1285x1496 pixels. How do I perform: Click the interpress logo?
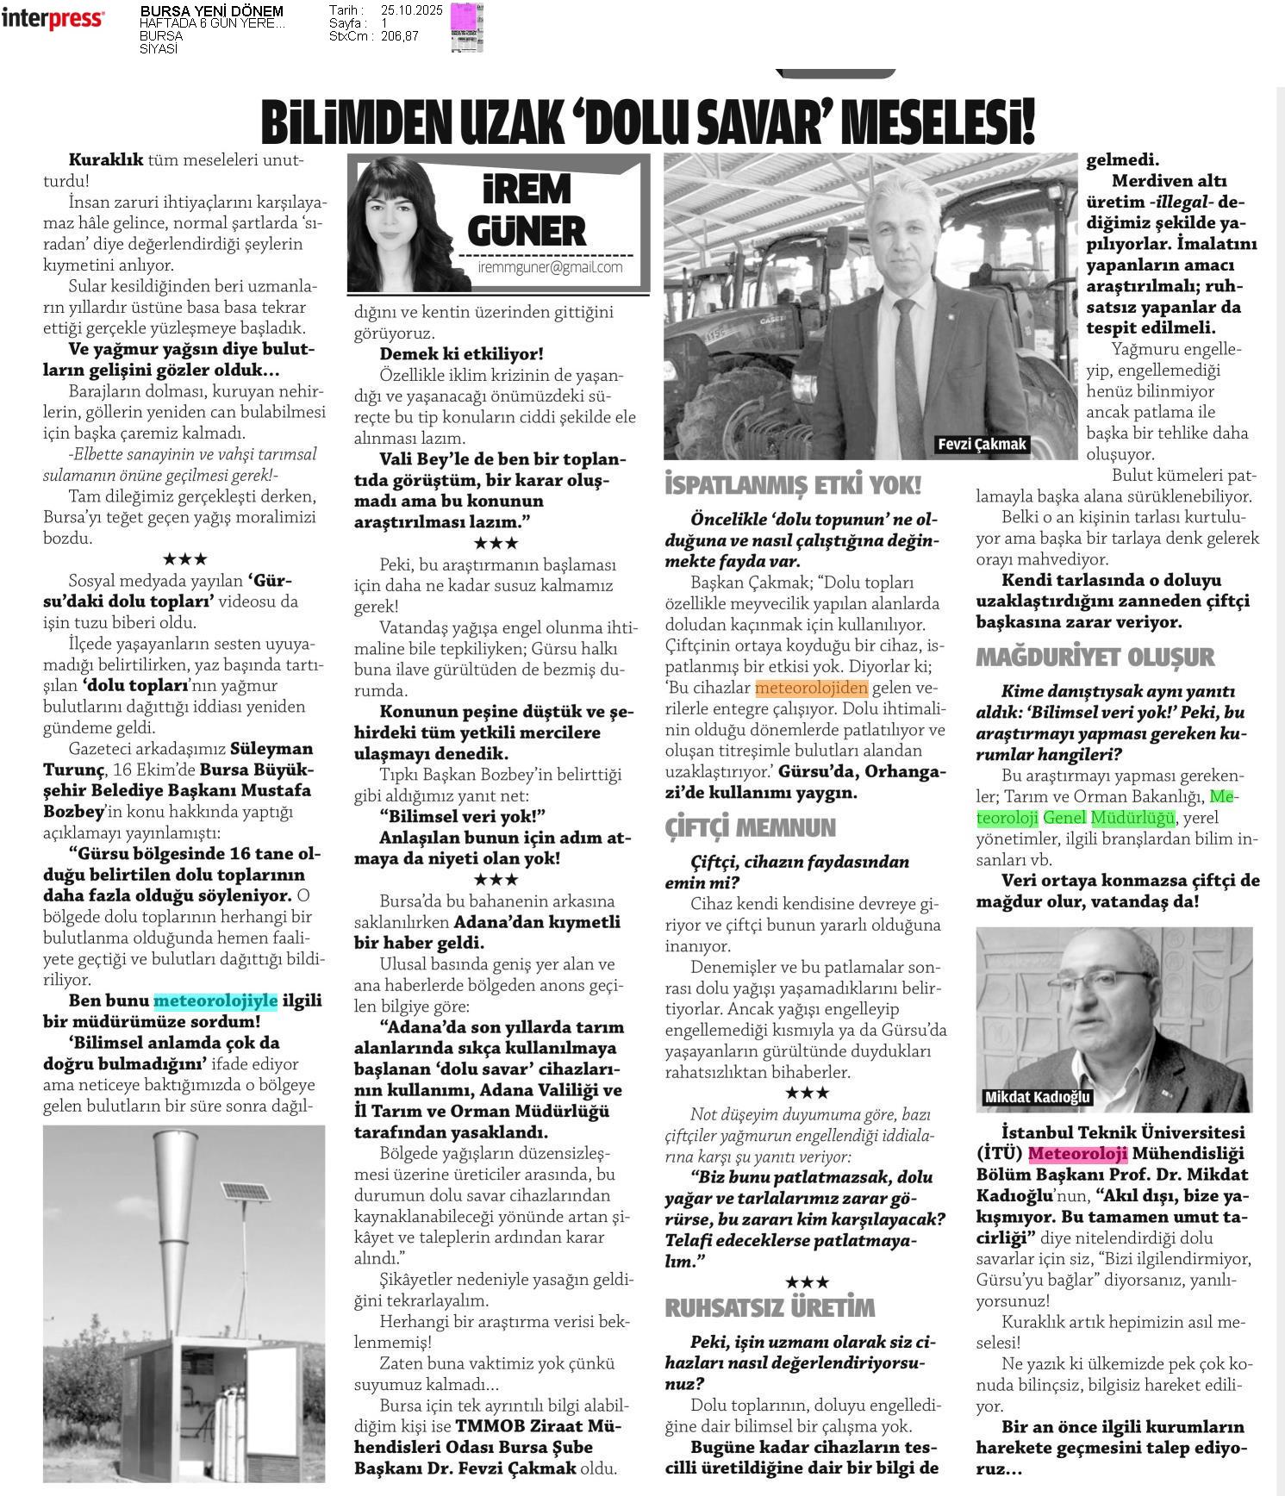53,19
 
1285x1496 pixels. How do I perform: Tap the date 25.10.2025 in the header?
410,10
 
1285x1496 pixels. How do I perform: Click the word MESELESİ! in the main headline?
939,123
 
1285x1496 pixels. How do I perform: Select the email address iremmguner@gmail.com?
550,267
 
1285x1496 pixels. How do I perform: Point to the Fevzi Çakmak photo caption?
982,444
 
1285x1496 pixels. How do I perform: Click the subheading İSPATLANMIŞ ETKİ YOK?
793,486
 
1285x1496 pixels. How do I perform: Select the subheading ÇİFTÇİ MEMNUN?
750,827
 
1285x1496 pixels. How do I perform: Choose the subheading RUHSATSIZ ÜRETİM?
770,1307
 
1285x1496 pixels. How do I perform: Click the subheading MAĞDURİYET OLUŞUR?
1095,657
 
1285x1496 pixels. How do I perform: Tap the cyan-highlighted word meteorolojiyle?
215,1000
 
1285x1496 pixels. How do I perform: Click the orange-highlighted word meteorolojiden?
811,688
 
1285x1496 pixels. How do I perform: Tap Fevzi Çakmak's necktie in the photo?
908,371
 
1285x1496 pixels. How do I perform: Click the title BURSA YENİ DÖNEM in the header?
211,11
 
